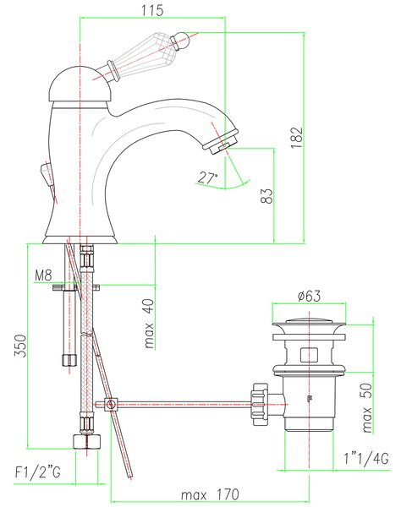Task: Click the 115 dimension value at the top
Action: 152,10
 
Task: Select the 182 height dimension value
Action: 296,138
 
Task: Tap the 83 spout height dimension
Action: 267,196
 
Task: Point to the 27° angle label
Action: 208,177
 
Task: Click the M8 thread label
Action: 43,275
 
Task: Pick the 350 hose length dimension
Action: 19,346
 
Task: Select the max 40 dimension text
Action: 149,324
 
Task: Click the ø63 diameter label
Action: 309,296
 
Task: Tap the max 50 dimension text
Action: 367,407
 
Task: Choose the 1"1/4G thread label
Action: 366,459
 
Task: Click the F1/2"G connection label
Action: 37,472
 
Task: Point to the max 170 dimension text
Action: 210,494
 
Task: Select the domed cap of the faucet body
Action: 80,84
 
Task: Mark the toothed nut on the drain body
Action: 260,404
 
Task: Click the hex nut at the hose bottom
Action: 86,442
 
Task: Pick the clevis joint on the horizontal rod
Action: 111,404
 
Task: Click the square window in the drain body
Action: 309,355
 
